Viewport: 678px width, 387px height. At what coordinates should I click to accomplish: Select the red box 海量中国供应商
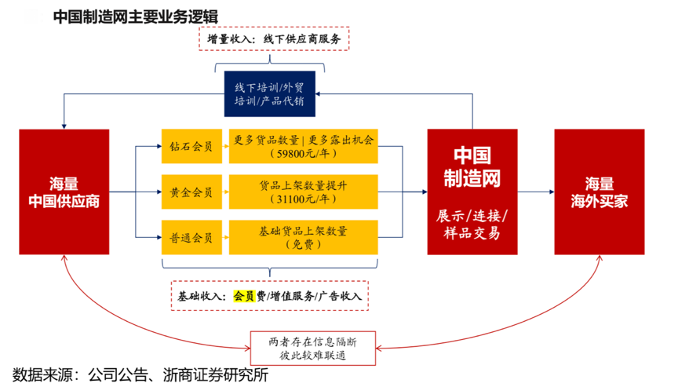(x=64, y=192)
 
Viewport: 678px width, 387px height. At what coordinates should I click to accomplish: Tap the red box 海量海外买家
(x=599, y=192)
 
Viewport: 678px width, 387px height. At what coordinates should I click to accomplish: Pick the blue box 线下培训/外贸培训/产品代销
(x=269, y=93)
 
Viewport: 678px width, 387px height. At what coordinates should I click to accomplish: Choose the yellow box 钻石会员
(x=191, y=146)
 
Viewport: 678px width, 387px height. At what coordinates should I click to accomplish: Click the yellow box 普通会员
(x=191, y=236)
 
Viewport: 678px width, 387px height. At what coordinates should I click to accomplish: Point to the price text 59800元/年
(x=304, y=155)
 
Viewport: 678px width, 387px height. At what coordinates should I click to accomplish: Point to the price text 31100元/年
(x=304, y=199)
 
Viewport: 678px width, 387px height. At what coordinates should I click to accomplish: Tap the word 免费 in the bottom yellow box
(x=304, y=245)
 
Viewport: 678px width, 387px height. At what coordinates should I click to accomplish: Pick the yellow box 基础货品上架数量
(x=304, y=236)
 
